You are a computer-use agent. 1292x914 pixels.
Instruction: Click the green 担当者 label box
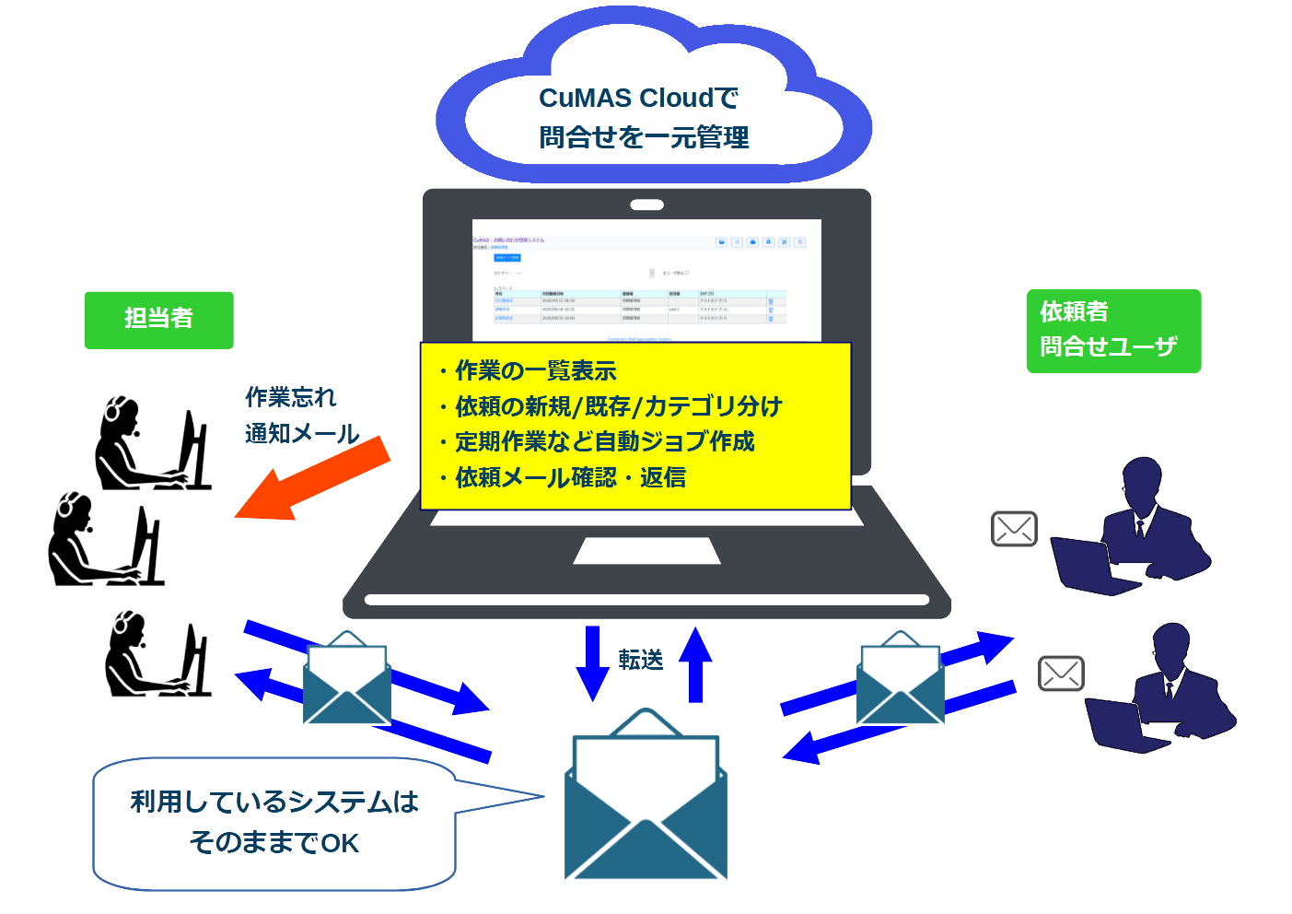(158, 320)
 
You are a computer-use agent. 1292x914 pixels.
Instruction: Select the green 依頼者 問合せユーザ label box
(1112, 331)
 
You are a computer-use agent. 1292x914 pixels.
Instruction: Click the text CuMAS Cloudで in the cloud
(638, 98)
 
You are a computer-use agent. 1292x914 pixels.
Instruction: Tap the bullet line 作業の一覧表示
(535, 371)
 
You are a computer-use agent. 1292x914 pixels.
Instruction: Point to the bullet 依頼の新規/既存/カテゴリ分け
(618, 406)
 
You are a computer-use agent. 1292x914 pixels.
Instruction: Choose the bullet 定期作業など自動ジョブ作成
(604, 442)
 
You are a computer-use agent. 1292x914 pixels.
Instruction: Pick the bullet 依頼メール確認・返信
(570, 477)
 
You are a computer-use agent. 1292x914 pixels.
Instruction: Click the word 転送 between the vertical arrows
(641, 660)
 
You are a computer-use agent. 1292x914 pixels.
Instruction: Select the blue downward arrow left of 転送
(592, 663)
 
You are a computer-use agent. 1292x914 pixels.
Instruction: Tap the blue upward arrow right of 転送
(695, 663)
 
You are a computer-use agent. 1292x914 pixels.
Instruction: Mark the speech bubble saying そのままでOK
(274, 823)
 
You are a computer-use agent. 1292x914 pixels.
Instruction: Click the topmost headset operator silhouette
(152, 444)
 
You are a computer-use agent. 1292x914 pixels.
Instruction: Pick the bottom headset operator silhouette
(157, 654)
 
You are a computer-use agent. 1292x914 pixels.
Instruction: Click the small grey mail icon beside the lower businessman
(1061, 674)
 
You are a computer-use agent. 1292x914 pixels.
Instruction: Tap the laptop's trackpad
(646, 551)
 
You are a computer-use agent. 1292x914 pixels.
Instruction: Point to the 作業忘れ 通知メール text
(299, 416)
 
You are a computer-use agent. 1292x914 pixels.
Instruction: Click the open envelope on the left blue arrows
(347, 679)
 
